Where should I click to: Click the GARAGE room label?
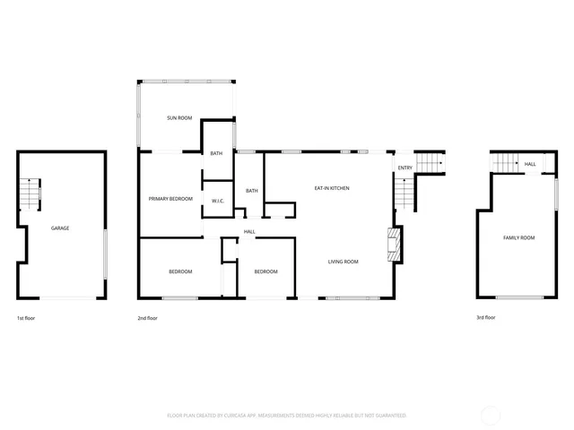pyautogui.click(x=60, y=228)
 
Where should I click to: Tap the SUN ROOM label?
pyautogui.click(x=179, y=118)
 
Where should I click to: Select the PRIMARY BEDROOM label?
pyautogui.click(x=170, y=198)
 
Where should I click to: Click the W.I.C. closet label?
pyautogui.click(x=218, y=201)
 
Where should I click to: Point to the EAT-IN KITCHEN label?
pyautogui.click(x=331, y=188)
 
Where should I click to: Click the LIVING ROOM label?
pyautogui.click(x=343, y=262)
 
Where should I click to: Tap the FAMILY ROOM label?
pyautogui.click(x=518, y=237)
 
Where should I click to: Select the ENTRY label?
pyautogui.click(x=405, y=168)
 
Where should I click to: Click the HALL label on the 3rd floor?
pyautogui.click(x=530, y=164)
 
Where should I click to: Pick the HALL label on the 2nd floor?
pyautogui.click(x=249, y=232)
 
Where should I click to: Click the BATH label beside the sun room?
pyautogui.click(x=216, y=154)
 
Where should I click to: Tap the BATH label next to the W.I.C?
pyautogui.click(x=252, y=190)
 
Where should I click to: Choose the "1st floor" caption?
pyautogui.click(x=26, y=318)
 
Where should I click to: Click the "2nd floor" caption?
pyautogui.click(x=147, y=318)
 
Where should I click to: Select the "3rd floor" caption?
pyautogui.click(x=485, y=318)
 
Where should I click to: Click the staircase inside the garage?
pyautogui.click(x=31, y=193)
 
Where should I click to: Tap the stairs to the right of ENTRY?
pyautogui.click(x=432, y=162)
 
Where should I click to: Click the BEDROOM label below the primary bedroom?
pyautogui.click(x=180, y=271)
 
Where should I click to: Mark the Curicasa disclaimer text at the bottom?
pyautogui.click(x=287, y=416)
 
